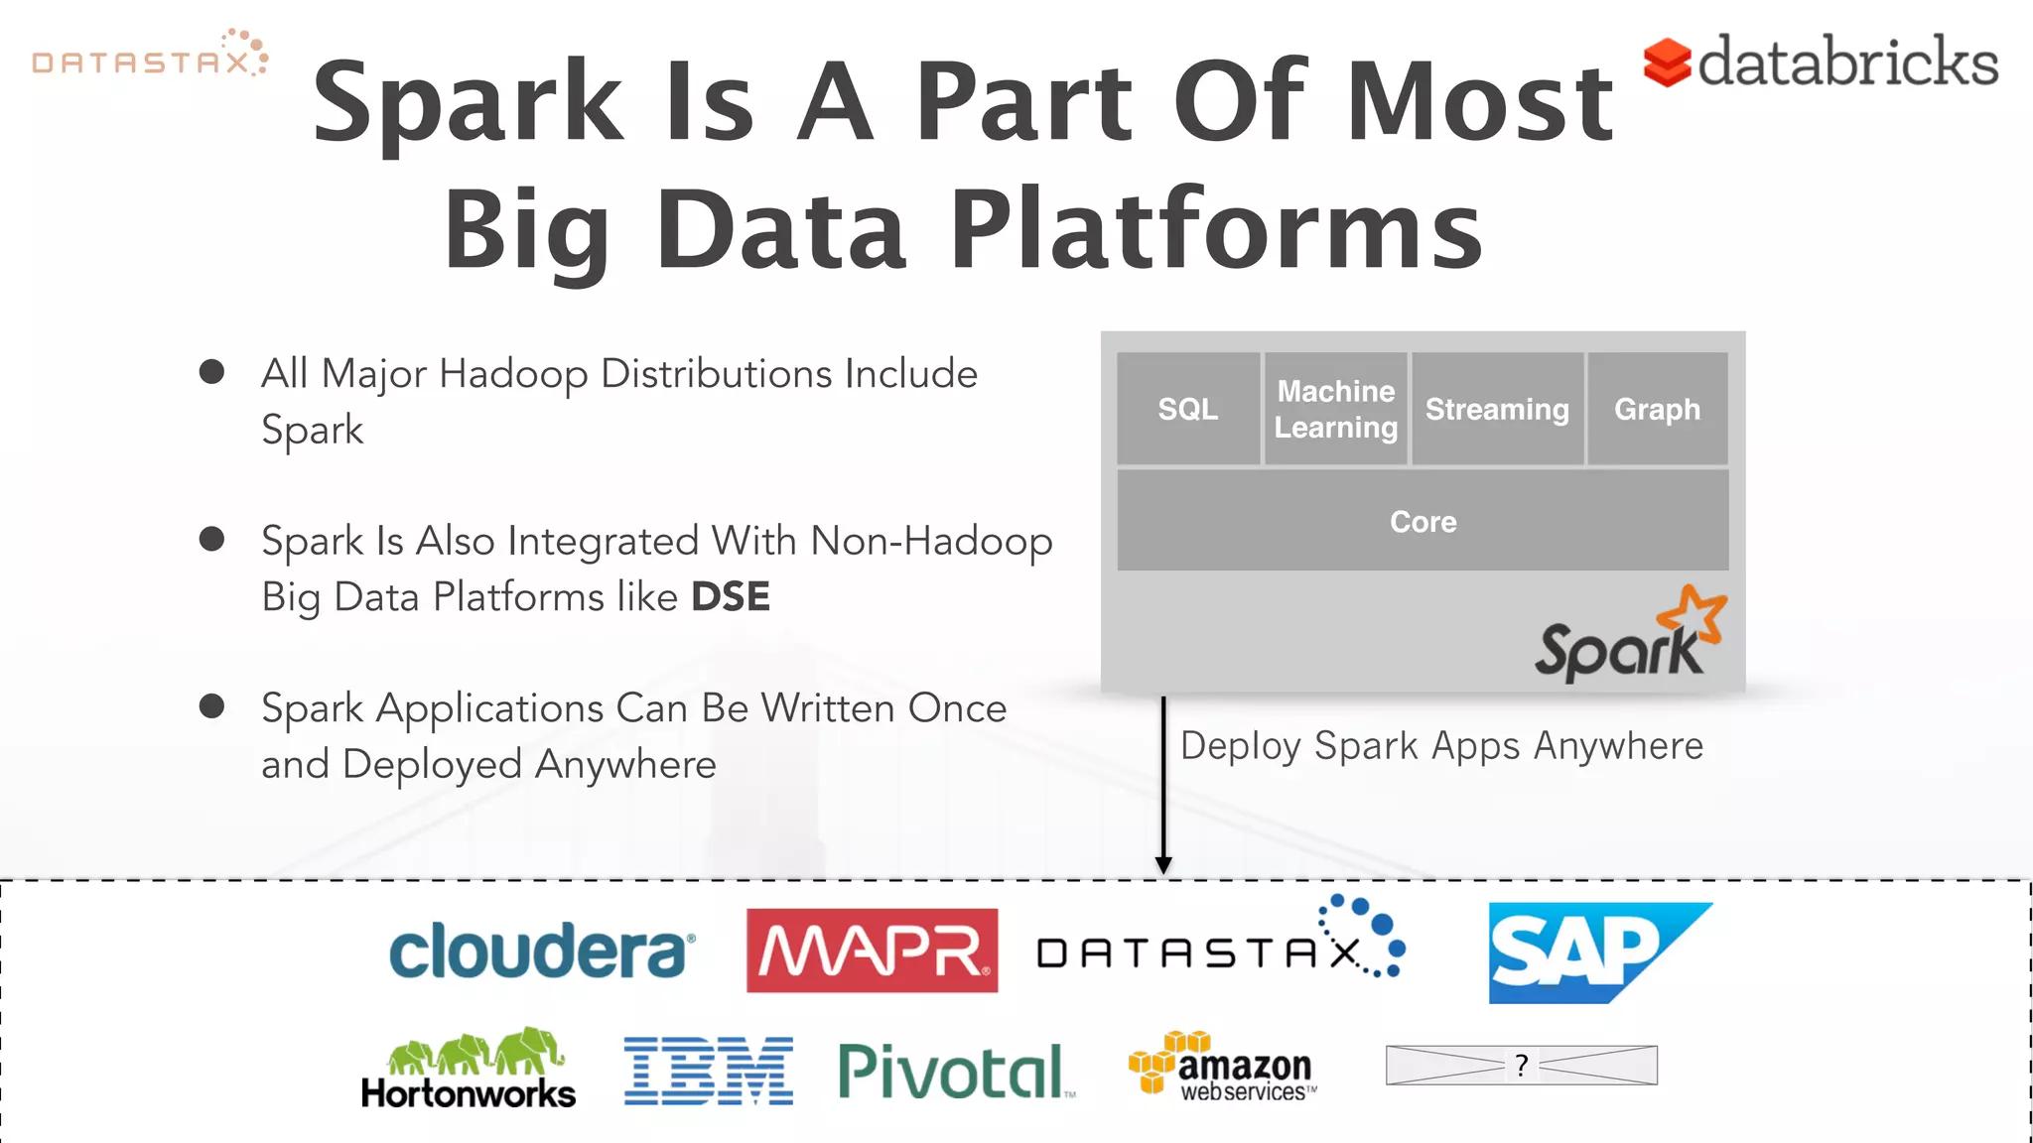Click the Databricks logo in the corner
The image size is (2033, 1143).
1821,62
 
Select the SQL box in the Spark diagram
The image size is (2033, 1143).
1187,409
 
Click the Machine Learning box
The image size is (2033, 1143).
1335,409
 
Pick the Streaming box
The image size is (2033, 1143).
1497,409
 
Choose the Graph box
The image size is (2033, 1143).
1657,409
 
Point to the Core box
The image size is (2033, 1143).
1423,521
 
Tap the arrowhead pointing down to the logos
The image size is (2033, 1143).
1163,864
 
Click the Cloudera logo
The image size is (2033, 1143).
541,951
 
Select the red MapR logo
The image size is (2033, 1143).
872,951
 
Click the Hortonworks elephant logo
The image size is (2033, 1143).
469,1070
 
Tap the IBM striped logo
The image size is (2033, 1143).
708,1072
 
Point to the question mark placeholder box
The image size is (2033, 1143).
1521,1066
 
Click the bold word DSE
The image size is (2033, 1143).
730,597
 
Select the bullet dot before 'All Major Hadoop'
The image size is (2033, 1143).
211,372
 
